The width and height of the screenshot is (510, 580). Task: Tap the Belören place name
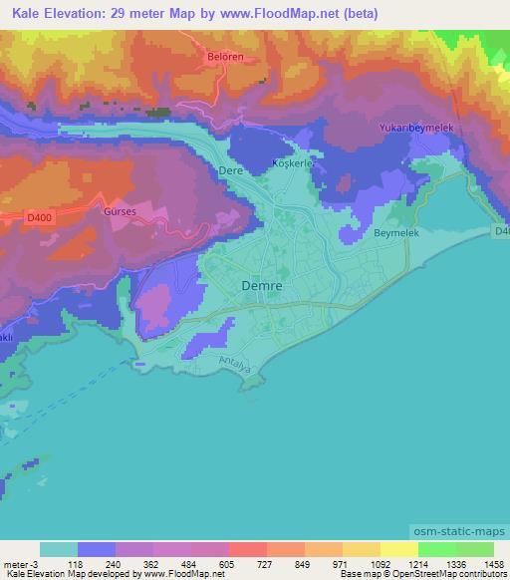(x=226, y=57)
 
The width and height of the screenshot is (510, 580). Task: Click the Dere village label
(x=230, y=170)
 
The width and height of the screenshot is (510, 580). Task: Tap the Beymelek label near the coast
(x=398, y=232)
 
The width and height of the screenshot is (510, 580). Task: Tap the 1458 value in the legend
(x=493, y=563)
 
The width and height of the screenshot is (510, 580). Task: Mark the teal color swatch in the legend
(x=59, y=549)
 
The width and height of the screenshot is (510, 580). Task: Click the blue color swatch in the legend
(x=97, y=549)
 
